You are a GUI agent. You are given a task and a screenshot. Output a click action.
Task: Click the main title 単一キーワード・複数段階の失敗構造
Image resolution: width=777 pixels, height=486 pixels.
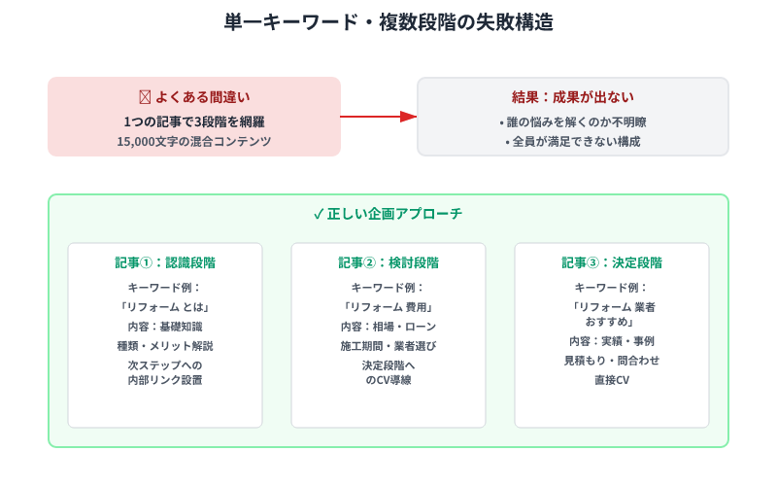click(x=388, y=21)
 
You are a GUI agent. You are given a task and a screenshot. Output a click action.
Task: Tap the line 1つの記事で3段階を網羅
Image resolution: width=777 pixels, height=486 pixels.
click(x=194, y=121)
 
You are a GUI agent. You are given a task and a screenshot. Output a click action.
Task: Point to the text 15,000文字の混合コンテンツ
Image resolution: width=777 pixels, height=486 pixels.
click(x=194, y=141)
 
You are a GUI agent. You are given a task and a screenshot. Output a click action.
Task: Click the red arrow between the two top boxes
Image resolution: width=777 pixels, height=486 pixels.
click(x=379, y=117)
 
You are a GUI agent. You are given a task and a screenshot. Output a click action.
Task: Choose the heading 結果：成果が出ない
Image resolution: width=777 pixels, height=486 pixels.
click(x=573, y=97)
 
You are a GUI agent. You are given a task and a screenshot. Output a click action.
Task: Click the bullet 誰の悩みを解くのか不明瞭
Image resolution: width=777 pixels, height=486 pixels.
click(x=572, y=122)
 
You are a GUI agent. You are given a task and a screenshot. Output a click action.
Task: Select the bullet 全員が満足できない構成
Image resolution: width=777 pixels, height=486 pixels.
click(x=572, y=142)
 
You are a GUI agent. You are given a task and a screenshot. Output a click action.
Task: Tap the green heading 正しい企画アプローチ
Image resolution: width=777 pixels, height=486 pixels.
click(x=388, y=214)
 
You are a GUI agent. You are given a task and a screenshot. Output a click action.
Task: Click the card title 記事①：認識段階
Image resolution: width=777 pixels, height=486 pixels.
click(x=165, y=262)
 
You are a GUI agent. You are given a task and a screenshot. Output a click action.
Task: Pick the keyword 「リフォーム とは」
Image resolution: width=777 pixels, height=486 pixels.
click(x=165, y=306)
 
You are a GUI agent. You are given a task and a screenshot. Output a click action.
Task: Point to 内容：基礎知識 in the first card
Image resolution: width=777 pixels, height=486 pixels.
click(x=165, y=327)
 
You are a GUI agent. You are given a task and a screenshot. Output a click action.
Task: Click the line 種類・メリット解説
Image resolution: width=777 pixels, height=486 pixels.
click(x=165, y=346)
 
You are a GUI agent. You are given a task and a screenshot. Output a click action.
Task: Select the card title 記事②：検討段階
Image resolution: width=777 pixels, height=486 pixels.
click(x=388, y=262)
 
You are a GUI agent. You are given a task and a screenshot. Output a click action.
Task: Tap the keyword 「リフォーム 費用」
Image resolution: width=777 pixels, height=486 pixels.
click(x=388, y=306)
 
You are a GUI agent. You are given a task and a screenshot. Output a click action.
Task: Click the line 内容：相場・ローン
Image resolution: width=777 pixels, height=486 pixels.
click(x=388, y=327)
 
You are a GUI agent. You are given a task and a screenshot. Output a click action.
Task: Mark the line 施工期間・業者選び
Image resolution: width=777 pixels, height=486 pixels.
click(x=388, y=346)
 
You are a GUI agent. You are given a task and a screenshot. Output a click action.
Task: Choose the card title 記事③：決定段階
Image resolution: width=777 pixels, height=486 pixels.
click(x=612, y=262)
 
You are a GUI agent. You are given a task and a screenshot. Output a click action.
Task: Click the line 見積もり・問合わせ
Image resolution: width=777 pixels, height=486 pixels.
click(x=612, y=361)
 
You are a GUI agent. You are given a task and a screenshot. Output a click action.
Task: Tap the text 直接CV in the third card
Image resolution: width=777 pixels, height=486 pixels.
click(x=612, y=380)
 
